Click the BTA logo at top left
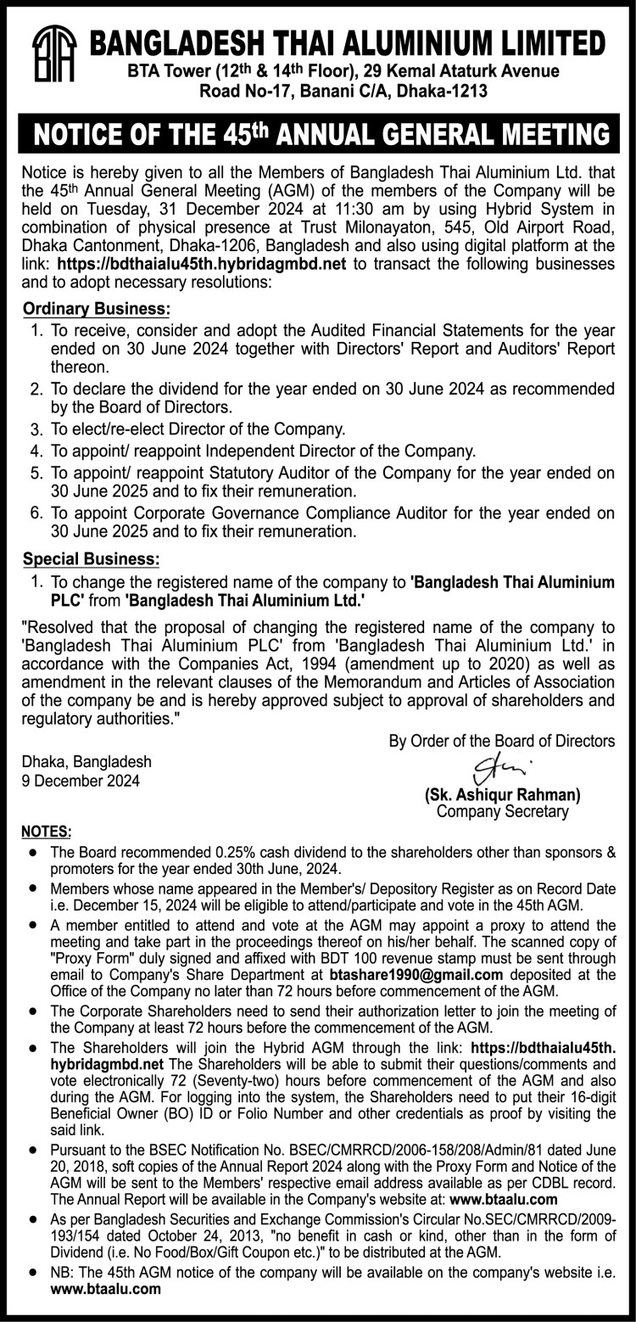53,54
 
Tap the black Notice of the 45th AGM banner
318,134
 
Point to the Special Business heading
91,560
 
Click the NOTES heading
47,830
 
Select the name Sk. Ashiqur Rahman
502,796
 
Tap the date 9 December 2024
81,780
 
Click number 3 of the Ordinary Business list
36,429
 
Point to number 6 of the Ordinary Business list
36,514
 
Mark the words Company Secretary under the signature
502,812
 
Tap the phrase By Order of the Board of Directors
502,741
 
